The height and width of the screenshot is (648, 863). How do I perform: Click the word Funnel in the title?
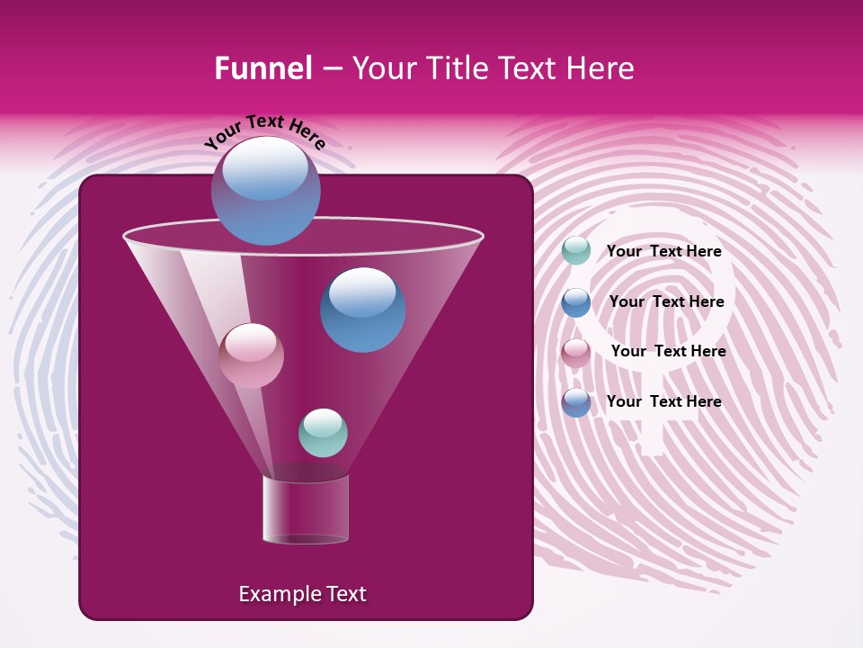(262, 68)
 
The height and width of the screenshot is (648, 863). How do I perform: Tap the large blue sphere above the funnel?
(265, 191)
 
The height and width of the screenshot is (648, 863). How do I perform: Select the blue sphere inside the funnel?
(362, 310)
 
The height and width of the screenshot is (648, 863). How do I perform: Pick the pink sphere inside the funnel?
(251, 355)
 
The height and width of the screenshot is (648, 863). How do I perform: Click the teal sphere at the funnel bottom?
(323, 432)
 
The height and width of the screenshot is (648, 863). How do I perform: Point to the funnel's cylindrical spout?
(306, 509)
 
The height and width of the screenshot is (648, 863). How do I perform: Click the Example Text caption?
(302, 594)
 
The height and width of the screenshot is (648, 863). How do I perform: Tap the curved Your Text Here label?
(265, 132)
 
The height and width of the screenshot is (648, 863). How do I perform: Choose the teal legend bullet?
(576, 251)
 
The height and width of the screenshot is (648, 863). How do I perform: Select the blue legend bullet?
(576, 302)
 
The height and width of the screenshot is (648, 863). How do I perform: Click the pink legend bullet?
(576, 353)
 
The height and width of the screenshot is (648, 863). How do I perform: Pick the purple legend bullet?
(576, 402)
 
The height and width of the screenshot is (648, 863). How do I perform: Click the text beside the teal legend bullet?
(663, 251)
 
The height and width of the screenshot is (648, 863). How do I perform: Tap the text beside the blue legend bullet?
(666, 301)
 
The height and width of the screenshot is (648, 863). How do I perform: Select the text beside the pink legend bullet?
(668, 351)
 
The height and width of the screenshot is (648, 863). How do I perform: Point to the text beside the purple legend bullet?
(663, 401)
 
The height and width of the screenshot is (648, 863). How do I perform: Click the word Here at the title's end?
(601, 68)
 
